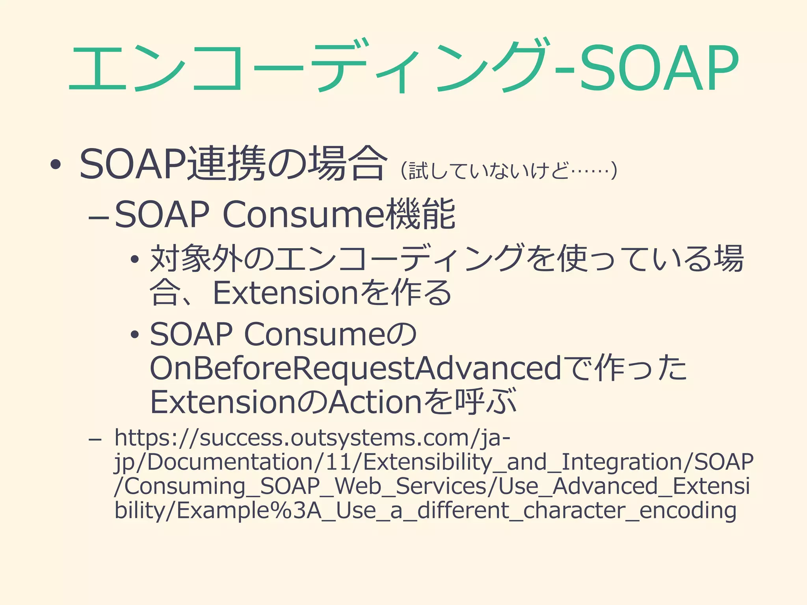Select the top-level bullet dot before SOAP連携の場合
[56, 165]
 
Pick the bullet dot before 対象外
[135, 260]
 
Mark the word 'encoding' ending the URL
[688, 511]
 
